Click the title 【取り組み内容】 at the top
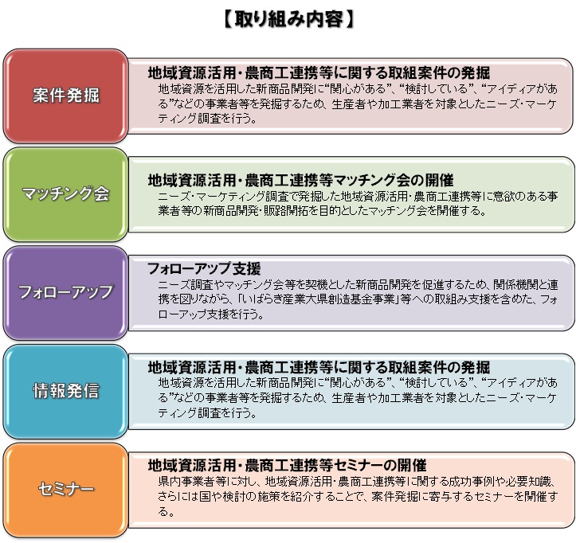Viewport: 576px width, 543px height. pyautogui.click(x=288, y=19)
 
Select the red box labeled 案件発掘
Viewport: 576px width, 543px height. pyautogui.click(x=65, y=96)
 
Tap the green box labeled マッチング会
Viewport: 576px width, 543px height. pyautogui.click(x=65, y=194)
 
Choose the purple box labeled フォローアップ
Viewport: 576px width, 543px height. pyautogui.click(x=65, y=293)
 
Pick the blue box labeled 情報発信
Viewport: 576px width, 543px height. pyautogui.click(x=65, y=391)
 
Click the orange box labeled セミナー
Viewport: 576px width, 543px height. pyautogui.click(x=65, y=490)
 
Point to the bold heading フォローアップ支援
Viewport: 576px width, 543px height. pyautogui.click(x=204, y=269)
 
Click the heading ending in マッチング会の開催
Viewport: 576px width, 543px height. pyautogui.click(x=300, y=180)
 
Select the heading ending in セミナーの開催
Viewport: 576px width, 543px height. pyautogui.click(x=287, y=466)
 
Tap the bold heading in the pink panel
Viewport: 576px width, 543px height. pyautogui.click(x=319, y=72)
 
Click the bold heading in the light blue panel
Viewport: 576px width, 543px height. pyautogui.click(x=319, y=367)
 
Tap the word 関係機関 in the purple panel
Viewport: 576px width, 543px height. pyautogui.click(x=515, y=284)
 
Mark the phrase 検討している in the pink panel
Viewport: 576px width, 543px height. pyautogui.click(x=436, y=88)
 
